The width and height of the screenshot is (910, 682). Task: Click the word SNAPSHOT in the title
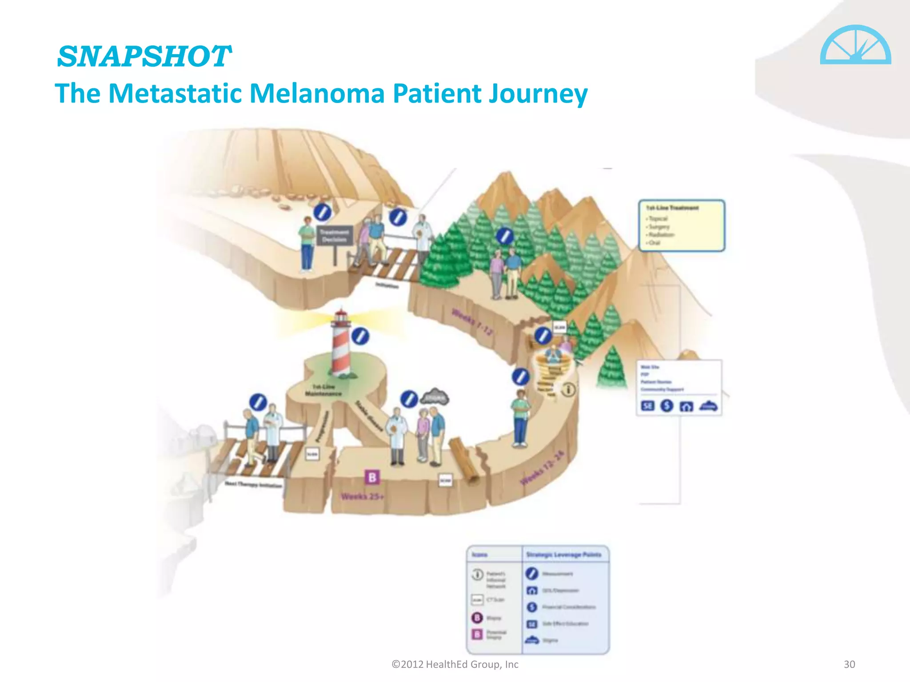pyautogui.click(x=144, y=57)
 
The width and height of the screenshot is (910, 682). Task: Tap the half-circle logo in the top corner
pyautogui.click(x=855, y=45)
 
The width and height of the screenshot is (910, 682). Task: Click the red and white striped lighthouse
pyautogui.click(x=341, y=344)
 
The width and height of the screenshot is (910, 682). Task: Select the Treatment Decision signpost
pyautogui.click(x=335, y=236)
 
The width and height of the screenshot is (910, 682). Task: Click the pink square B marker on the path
pyautogui.click(x=372, y=477)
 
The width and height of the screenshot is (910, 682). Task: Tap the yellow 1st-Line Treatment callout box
pyautogui.click(x=682, y=226)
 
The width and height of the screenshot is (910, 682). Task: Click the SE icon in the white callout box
pyautogui.click(x=647, y=406)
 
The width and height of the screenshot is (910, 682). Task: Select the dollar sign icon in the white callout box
pyautogui.click(x=667, y=406)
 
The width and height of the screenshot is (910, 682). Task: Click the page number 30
pyautogui.click(x=849, y=664)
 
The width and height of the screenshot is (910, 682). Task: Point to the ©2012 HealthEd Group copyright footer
pyautogui.click(x=455, y=664)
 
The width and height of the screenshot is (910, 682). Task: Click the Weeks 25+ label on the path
pyautogui.click(x=362, y=496)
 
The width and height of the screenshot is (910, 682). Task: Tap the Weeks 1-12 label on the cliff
pyautogui.click(x=472, y=322)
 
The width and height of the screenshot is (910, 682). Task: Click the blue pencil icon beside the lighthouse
pyautogui.click(x=360, y=337)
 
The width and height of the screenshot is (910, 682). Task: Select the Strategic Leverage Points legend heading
pyautogui.click(x=563, y=555)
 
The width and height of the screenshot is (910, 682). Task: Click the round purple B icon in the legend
pyautogui.click(x=477, y=618)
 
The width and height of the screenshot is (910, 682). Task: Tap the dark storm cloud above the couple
pyautogui.click(x=435, y=397)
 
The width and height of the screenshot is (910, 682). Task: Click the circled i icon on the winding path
pyautogui.click(x=568, y=390)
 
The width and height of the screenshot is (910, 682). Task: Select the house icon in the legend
pyautogui.click(x=531, y=590)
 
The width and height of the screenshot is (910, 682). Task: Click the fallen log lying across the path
pyautogui.click(x=464, y=460)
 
